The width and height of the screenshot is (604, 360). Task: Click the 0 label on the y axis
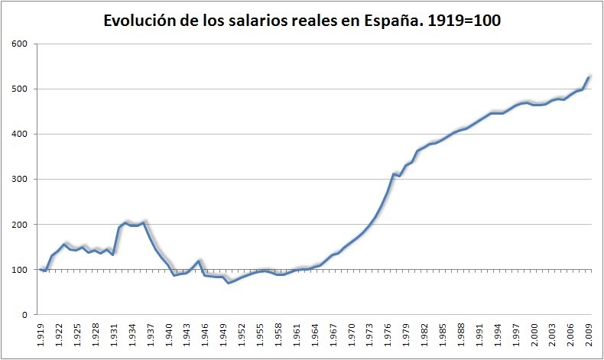[x=25, y=314]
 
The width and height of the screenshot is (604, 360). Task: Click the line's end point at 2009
[x=589, y=77]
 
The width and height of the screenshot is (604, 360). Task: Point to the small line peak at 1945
[x=199, y=261]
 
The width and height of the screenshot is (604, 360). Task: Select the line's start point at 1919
[x=40, y=269]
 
